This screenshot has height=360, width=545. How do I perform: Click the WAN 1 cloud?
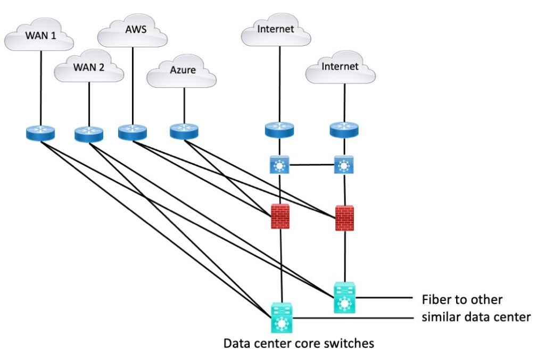point(40,38)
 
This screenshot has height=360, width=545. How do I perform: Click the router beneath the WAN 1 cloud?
point(40,133)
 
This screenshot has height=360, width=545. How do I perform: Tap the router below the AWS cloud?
point(132,132)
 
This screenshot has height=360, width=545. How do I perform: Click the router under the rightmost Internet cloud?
point(344,130)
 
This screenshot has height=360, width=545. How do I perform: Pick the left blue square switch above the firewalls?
point(279,165)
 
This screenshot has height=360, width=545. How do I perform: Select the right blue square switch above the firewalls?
point(344,165)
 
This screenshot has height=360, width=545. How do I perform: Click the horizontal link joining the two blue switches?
point(311,165)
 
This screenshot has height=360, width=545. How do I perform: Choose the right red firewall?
point(345,217)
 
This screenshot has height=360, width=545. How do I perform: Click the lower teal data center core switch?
point(281,317)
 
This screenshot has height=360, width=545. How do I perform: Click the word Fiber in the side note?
point(434,299)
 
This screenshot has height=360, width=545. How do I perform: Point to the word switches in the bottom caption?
point(349,344)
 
